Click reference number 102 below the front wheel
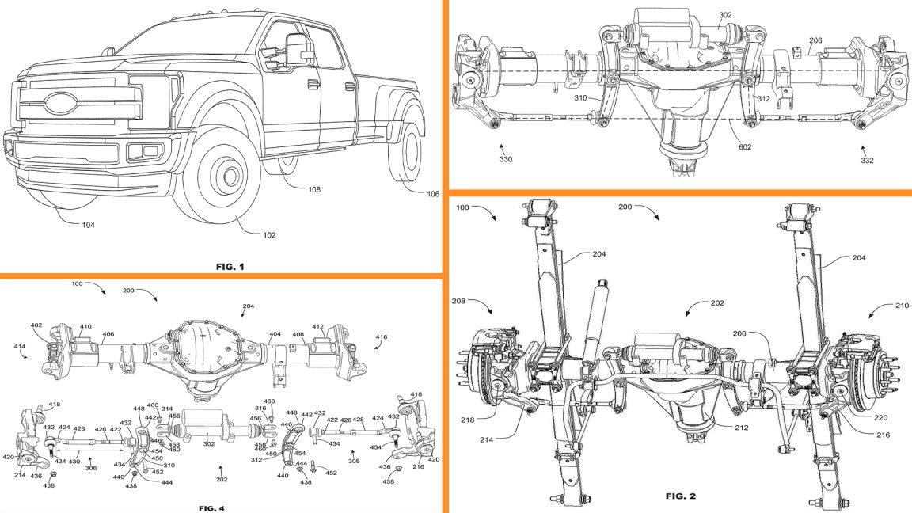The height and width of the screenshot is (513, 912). point(272,234)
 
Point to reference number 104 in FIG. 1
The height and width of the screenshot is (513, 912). point(88,225)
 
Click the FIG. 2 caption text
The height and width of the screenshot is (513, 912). point(679,496)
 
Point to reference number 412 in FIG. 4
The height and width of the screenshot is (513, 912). point(318,325)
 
